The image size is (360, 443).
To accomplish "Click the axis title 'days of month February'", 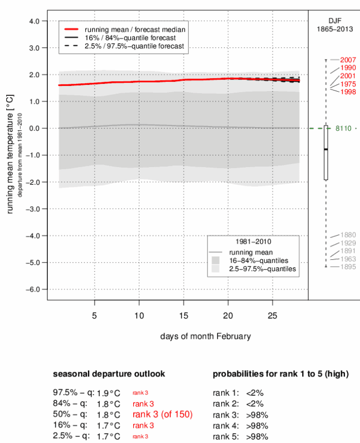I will pyautogui.click(x=205, y=336).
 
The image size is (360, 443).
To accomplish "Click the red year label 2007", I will pyautogui.click(x=348, y=60).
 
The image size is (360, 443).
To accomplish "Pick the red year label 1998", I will pyautogui.click(x=348, y=92).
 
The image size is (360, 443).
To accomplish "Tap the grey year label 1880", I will pyautogui.click(x=348, y=235).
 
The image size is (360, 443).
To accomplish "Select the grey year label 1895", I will pyautogui.click(x=348, y=267).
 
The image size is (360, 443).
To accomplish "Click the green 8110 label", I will pyautogui.click(x=348, y=128).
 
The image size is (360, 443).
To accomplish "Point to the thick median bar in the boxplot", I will pyautogui.click(x=326, y=149).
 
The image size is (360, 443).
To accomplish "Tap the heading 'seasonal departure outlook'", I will pyautogui.click(x=109, y=374).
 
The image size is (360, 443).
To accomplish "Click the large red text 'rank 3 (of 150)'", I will pyautogui.click(x=162, y=414).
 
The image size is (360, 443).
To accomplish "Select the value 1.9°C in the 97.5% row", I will pyautogui.click(x=108, y=393).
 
